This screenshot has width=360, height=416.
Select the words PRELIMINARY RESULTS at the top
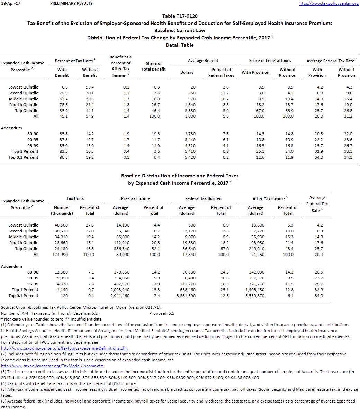(x=71, y=3)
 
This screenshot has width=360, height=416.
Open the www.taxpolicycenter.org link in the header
(x=329, y=3)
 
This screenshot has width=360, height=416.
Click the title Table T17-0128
(x=180, y=16)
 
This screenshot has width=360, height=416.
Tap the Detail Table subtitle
(x=180, y=45)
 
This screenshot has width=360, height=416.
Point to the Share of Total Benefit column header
(x=154, y=66)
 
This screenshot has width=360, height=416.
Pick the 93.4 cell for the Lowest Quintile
(x=90, y=87)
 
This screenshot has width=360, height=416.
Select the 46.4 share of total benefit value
(x=156, y=111)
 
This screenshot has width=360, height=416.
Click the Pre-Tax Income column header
(x=136, y=198)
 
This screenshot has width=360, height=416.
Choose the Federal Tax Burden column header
(x=203, y=198)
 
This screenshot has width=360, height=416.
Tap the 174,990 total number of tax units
(x=61, y=255)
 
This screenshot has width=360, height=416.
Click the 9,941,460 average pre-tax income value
(x=120, y=296)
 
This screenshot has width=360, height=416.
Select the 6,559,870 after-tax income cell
(x=255, y=296)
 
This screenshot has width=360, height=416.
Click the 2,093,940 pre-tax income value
(x=120, y=290)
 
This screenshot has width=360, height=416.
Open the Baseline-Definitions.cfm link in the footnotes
(x=64, y=348)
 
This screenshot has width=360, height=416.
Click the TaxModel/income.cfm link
(x=52, y=366)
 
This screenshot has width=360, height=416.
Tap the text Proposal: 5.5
(x=162, y=313)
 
